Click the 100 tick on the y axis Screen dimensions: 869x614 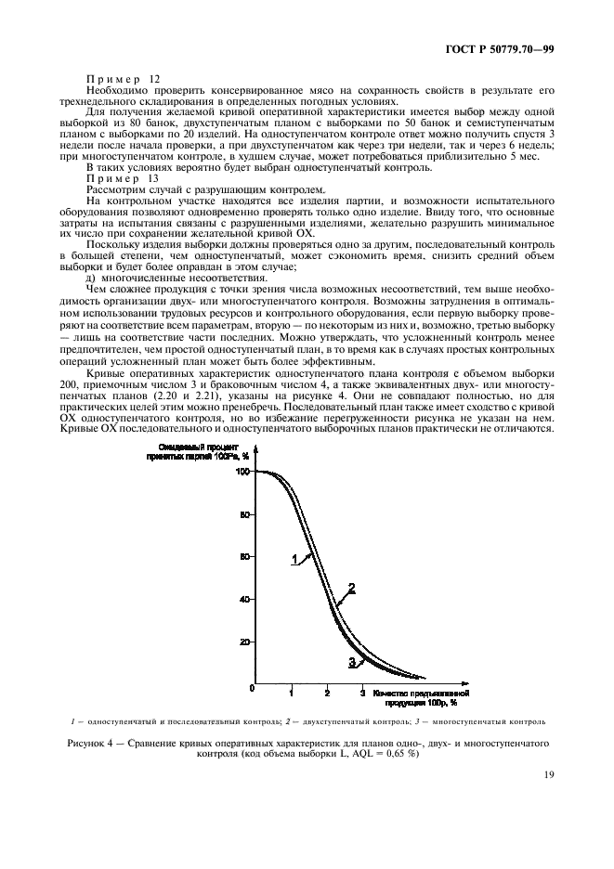(244, 472)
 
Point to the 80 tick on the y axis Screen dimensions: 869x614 (246, 514)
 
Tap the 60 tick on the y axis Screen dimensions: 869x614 (246, 557)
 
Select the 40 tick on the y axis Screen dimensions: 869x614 (246, 600)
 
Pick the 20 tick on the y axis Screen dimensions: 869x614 (246, 642)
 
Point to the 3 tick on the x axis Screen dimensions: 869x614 (362, 694)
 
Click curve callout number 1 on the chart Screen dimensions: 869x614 (294, 560)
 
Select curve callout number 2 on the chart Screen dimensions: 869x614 (352, 588)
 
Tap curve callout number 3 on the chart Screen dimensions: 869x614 (352, 661)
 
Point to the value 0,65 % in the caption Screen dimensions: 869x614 (397, 754)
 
